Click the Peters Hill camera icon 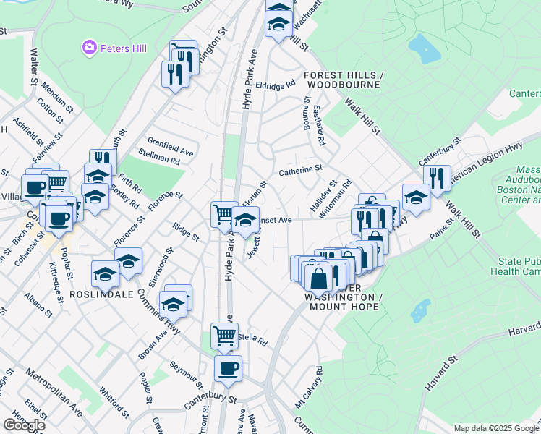click(89, 48)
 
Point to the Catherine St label click(300, 170)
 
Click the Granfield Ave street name click(171, 146)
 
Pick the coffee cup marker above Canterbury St click(228, 367)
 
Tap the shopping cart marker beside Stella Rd click(225, 335)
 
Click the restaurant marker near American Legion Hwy click(436, 178)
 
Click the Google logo click(24, 425)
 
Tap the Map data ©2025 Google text click(496, 428)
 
